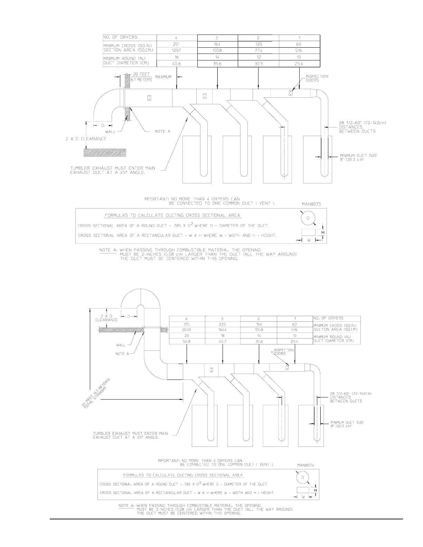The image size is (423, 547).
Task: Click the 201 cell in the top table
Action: pos(177,44)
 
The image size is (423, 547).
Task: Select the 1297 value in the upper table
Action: pos(177,50)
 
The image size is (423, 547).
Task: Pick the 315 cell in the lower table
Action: pos(187,324)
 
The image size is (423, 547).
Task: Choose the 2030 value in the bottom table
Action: pos(187,330)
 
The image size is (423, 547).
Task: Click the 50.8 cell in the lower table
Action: pos(187,342)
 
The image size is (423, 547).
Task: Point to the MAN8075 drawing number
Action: pos(311,204)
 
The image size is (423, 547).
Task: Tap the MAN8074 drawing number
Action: pos(306,465)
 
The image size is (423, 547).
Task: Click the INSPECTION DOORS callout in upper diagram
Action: pos(317,78)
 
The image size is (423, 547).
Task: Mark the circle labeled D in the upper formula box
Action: pos(308,218)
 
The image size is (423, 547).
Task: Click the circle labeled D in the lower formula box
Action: pos(303,478)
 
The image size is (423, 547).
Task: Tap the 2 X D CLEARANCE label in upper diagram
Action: pos(86,139)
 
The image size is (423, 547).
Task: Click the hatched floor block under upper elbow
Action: pos(105,152)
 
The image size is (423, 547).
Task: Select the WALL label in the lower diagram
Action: pos(121,345)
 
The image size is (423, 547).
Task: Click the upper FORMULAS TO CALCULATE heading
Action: pos(172,215)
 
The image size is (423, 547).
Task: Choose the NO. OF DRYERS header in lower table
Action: pos(328,318)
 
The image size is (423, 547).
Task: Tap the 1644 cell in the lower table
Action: pos(223,330)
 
